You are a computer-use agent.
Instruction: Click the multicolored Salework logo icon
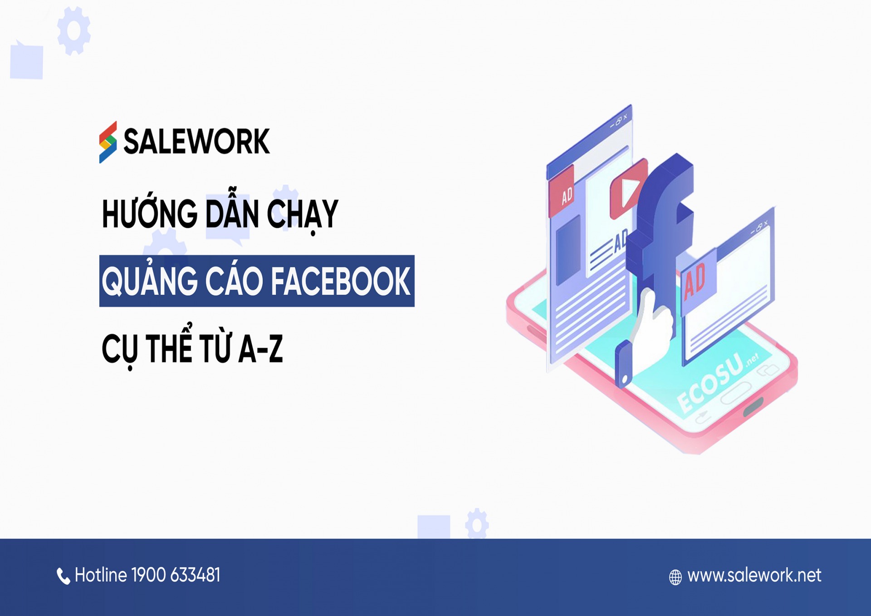(108, 142)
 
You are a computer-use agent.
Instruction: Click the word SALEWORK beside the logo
(196, 142)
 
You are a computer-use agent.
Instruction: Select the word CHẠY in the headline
(303, 215)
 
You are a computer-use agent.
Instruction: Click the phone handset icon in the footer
(63, 576)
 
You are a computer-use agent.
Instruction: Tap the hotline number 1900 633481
(176, 575)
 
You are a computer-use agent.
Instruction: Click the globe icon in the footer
(675, 577)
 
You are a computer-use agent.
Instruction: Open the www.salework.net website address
(754, 576)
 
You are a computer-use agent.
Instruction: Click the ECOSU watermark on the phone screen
(712, 381)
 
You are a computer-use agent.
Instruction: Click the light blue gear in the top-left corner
(74, 31)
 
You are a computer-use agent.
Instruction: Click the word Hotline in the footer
(101, 575)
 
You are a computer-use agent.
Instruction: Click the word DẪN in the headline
(232, 214)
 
